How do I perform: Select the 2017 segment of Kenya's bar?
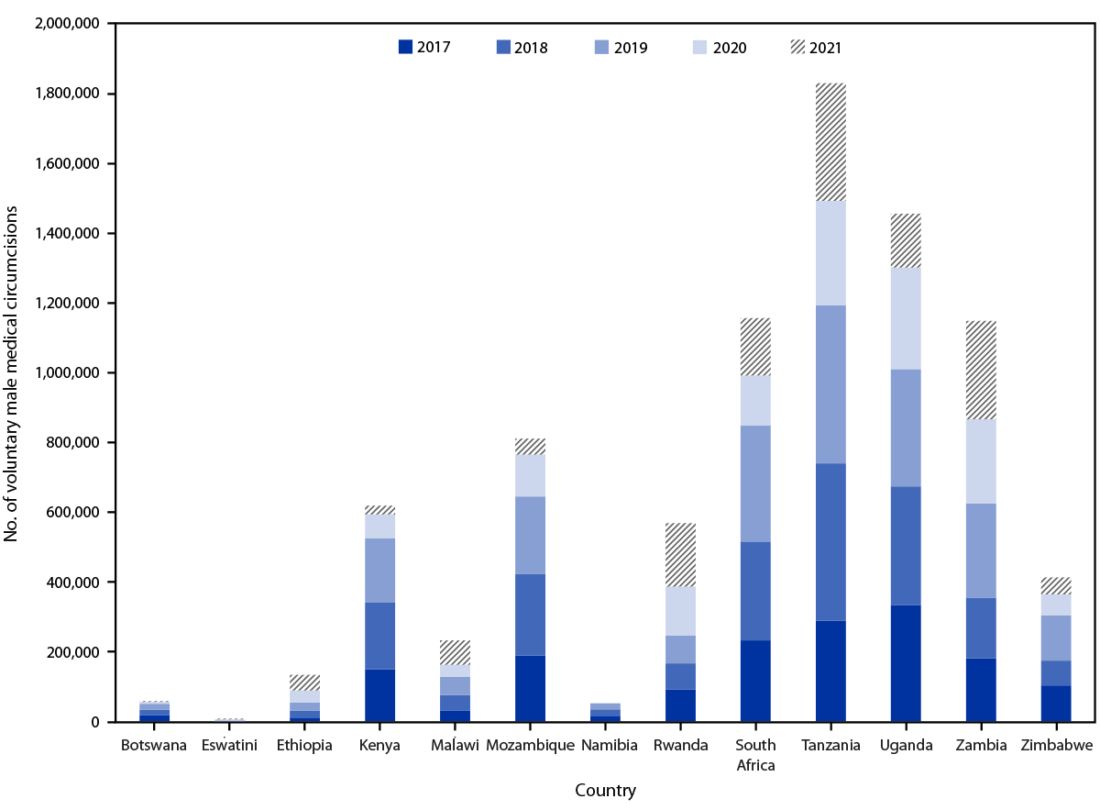[x=379, y=695]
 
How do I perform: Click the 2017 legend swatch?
[x=404, y=48]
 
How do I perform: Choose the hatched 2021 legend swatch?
[x=799, y=48]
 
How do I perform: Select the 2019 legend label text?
[x=631, y=49]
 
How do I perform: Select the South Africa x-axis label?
[x=755, y=754]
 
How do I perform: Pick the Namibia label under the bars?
[x=605, y=746]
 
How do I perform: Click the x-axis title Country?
[x=605, y=790]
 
